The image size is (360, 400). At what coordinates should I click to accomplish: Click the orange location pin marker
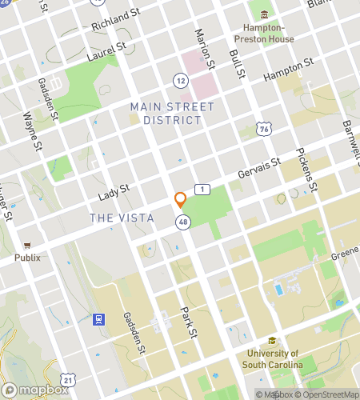click(181, 199)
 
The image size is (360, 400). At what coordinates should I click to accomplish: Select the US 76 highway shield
click(264, 129)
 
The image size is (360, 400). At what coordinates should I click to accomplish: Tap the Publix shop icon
click(27, 246)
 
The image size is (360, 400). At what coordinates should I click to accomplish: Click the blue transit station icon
click(98, 319)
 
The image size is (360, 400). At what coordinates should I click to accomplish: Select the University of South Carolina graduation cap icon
click(273, 341)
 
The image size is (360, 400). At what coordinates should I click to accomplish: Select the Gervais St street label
click(259, 170)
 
